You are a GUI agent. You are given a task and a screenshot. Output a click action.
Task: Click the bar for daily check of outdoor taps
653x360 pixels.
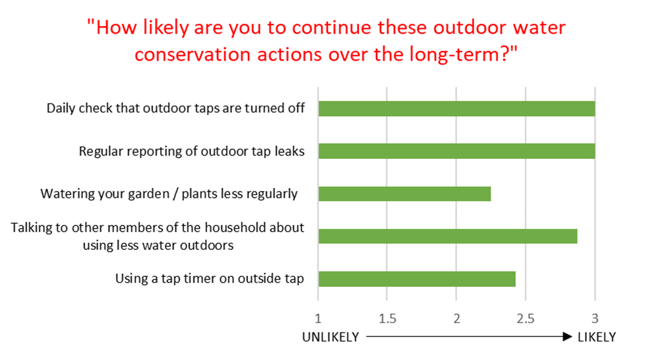pyautogui.click(x=457, y=109)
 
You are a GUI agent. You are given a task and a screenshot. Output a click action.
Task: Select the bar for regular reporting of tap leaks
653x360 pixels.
pyautogui.click(x=457, y=151)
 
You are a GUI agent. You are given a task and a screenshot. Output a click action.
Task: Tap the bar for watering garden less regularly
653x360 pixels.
pyautogui.click(x=405, y=194)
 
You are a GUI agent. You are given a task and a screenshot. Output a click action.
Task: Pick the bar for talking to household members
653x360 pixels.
pyautogui.click(x=448, y=236)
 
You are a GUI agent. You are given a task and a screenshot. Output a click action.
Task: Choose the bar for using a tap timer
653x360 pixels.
pyautogui.click(x=417, y=279)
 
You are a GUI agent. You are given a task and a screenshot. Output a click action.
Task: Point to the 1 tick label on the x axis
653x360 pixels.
pyautogui.click(x=318, y=319)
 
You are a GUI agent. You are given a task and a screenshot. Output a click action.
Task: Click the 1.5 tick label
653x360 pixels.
pyautogui.click(x=387, y=319)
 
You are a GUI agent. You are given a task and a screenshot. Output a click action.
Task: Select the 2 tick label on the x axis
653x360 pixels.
pyautogui.click(x=457, y=319)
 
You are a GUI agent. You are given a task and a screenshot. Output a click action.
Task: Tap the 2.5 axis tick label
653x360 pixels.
pyautogui.click(x=526, y=319)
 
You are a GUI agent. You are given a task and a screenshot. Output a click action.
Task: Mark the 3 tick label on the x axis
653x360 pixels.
pyautogui.click(x=595, y=319)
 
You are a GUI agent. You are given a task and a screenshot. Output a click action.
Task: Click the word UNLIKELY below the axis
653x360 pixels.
pyautogui.click(x=330, y=337)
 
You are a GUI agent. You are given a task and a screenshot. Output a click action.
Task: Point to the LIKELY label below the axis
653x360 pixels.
pyautogui.click(x=597, y=337)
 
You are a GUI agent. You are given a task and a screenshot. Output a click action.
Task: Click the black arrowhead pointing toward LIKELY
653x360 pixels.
pyautogui.click(x=568, y=336)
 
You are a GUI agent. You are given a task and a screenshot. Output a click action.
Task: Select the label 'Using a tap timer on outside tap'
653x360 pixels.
pyautogui.click(x=210, y=278)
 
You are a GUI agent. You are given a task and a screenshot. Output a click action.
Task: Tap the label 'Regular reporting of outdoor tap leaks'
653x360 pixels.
pyautogui.click(x=191, y=151)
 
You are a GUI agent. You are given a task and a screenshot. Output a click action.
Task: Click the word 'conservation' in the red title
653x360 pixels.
pyautogui.click(x=193, y=55)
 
